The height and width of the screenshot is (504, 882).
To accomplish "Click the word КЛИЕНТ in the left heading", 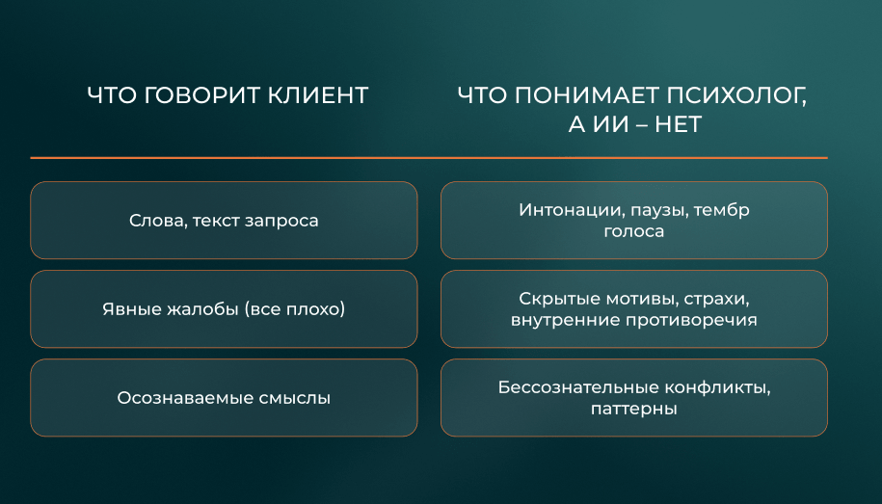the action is pos(318,95).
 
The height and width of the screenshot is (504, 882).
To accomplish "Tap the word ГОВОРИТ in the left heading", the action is pos(200,95).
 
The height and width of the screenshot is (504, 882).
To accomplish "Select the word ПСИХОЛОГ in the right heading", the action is pos(736,96).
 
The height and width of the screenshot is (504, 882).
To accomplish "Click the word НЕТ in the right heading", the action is pos(678,124).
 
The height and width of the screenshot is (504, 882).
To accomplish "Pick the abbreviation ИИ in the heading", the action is pos(611,124).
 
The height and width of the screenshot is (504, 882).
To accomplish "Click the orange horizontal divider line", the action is pos(429,158).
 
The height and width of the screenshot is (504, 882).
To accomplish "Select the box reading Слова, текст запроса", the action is pos(224,221).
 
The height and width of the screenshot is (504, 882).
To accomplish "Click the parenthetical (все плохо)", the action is pos(294,308).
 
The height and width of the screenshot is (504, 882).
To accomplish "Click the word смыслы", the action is pos(295,398).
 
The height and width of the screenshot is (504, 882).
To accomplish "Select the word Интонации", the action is pos(572,210).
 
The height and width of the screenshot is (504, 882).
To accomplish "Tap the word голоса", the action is pos(634,231).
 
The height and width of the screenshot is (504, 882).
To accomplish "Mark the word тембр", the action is pos(722,210).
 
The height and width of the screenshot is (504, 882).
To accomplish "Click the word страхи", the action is pos(716,299).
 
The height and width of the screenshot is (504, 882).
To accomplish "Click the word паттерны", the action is pos(634,409).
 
